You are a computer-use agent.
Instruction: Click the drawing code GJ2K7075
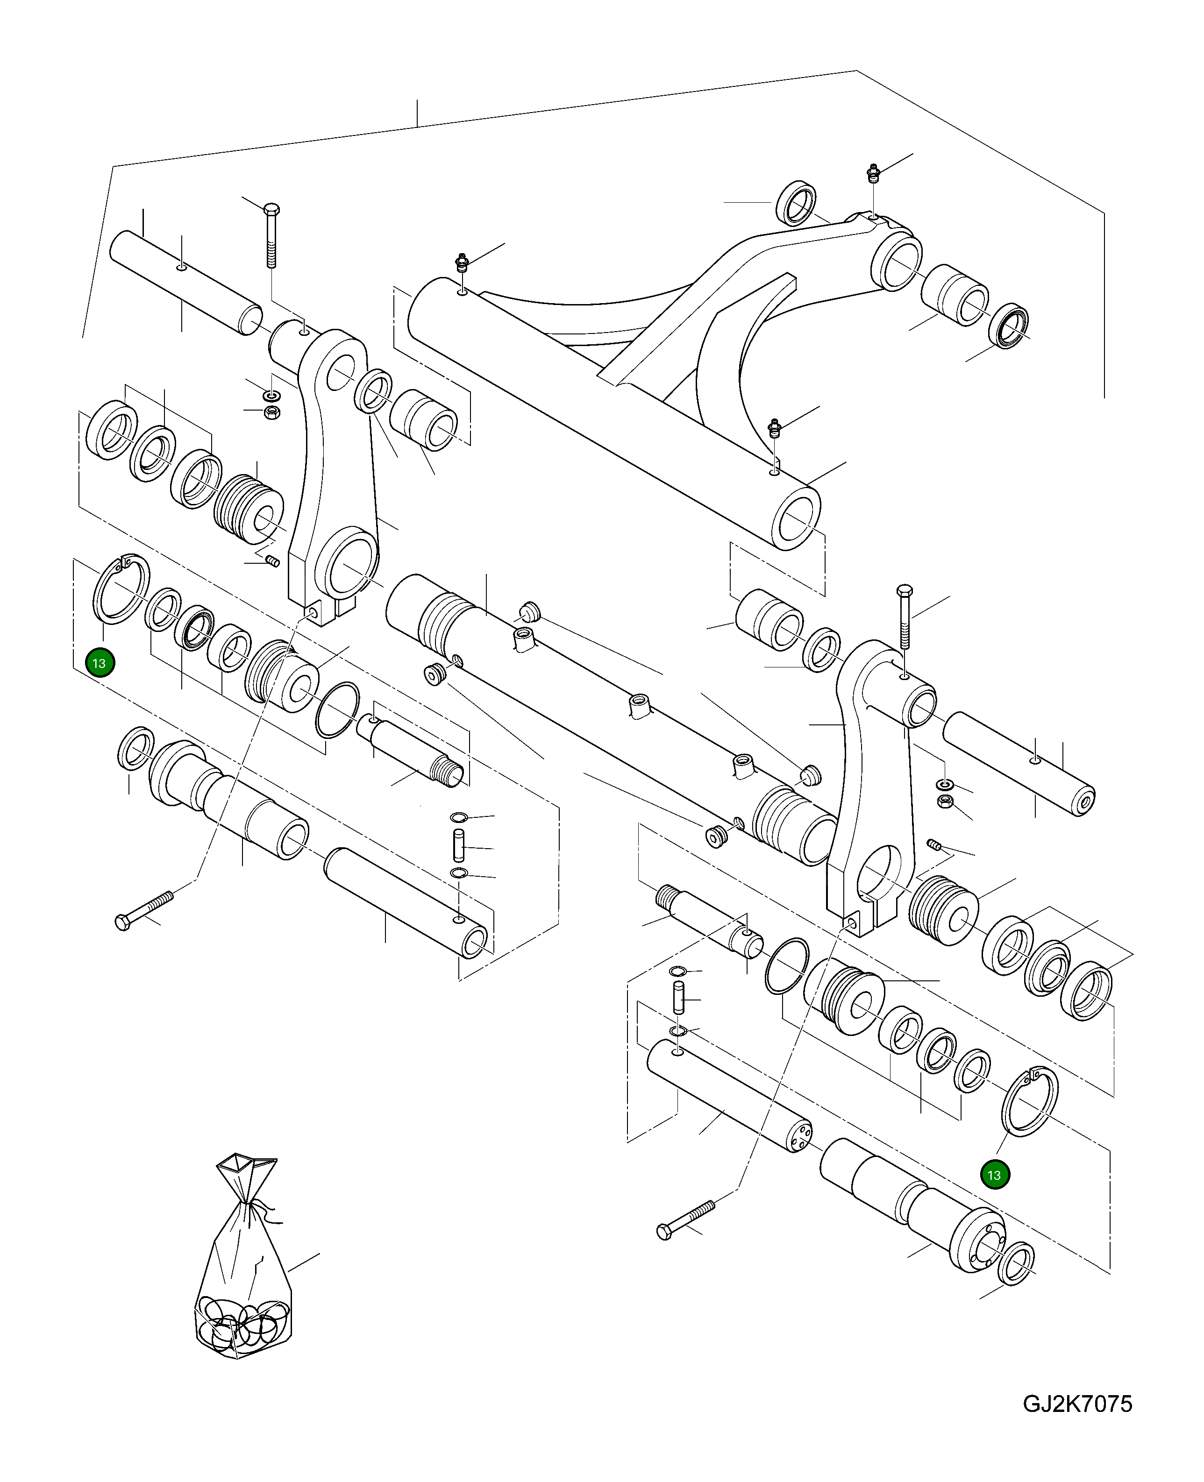click(x=1076, y=1403)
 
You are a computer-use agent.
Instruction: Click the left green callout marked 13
click(x=99, y=663)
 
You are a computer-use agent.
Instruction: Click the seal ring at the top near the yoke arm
click(x=796, y=203)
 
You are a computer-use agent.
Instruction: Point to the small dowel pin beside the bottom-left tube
click(x=458, y=846)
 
